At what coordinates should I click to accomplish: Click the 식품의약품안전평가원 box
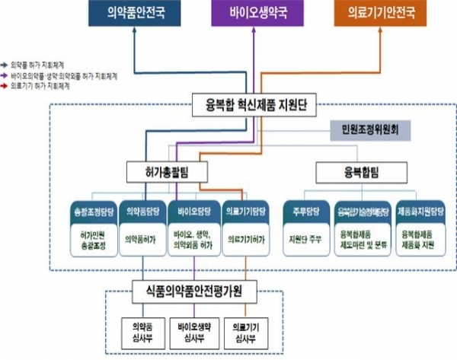click(x=196, y=291)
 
